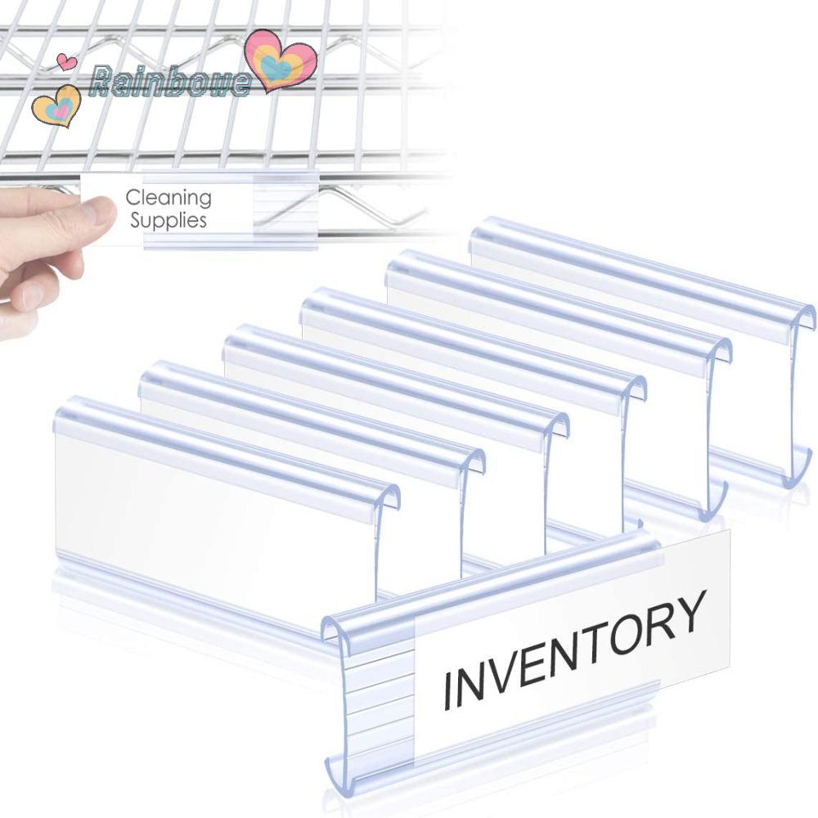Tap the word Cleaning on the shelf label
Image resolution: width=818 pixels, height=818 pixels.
169,198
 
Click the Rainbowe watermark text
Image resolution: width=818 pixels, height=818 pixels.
170,81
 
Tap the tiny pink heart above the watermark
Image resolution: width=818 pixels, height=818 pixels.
67,61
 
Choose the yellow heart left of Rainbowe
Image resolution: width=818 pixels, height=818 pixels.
56,106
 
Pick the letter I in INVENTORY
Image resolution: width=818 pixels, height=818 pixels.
447,690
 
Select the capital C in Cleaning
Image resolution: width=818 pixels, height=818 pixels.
132,198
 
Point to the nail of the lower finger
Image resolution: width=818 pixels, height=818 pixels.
30,293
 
